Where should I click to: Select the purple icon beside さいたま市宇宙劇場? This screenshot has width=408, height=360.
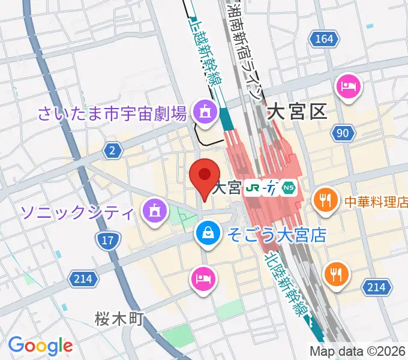205,112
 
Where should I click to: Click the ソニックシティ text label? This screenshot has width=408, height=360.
76,211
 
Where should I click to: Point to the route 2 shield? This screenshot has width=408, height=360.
112,151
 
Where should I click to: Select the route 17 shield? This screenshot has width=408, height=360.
106,241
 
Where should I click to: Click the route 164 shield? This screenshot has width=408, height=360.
322,39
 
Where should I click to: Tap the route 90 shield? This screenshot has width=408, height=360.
342,133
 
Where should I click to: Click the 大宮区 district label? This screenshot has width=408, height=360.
297,110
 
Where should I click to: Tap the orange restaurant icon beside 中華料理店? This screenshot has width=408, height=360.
326,202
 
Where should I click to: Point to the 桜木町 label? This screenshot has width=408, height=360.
119,319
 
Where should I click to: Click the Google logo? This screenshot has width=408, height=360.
40,346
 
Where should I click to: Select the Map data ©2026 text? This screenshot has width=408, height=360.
358,351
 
